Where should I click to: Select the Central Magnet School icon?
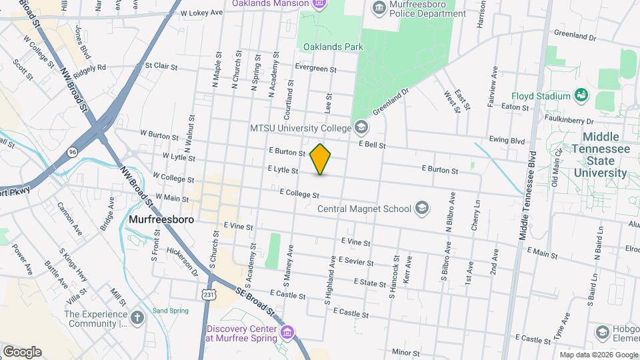(x=421, y=209)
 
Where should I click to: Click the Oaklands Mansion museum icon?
(x=319, y=4)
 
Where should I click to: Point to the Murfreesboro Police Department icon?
(x=379, y=8)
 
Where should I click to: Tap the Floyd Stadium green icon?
(x=581, y=96)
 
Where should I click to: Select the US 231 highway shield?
(x=205, y=293)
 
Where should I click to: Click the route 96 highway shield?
(x=71, y=153)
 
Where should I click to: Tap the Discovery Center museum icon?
(x=287, y=332)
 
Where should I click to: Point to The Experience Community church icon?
(x=137, y=318)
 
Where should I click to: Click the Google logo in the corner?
(x=22, y=352)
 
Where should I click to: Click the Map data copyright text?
(x=598, y=355)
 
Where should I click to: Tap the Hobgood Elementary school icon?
(x=603, y=332)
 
